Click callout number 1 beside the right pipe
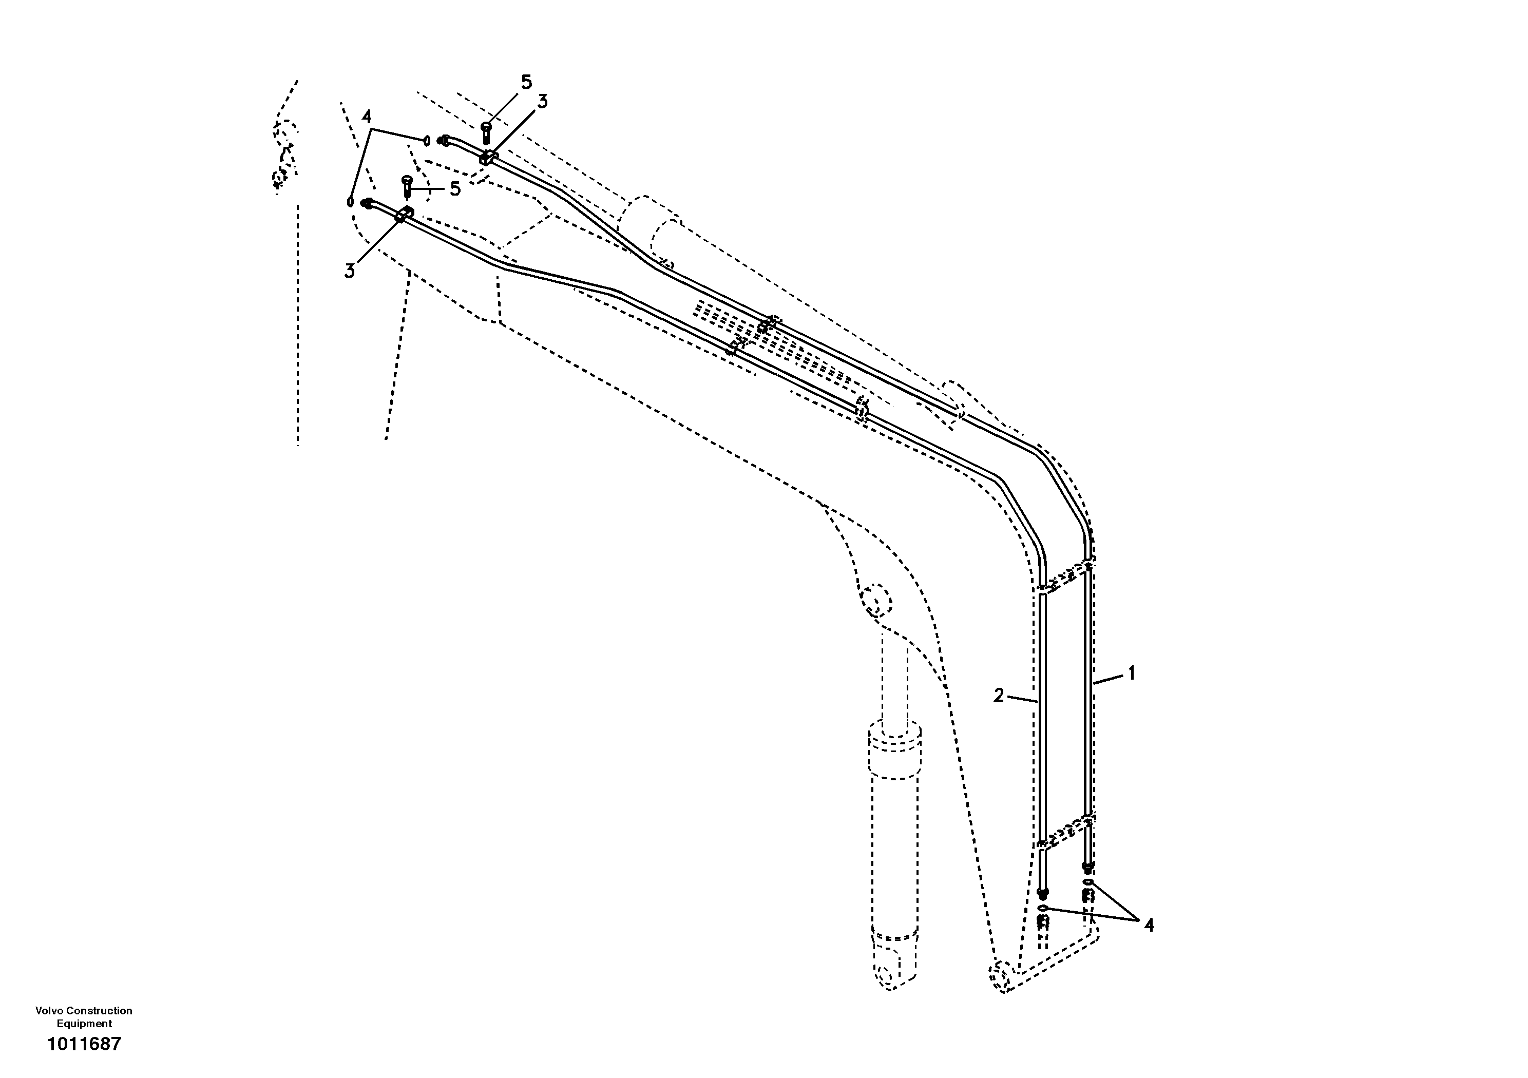[1131, 673]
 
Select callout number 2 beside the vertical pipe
[998, 696]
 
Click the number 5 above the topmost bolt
[526, 83]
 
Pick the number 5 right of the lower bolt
[455, 189]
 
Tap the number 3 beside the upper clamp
[542, 102]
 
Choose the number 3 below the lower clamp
[349, 271]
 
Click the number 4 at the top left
[366, 117]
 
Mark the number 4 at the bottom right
[1149, 925]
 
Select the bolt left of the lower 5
[407, 186]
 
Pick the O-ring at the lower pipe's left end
[350, 201]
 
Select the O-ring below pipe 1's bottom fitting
[1087, 882]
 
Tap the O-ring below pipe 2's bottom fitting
[1042, 908]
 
